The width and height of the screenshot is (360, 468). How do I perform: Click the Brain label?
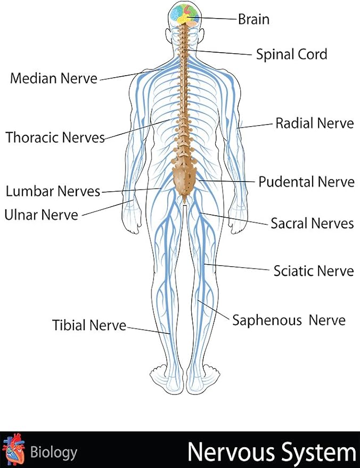[x=253, y=20]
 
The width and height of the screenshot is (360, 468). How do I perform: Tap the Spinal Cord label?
[x=291, y=54]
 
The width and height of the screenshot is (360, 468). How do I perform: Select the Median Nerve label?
[x=54, y=79]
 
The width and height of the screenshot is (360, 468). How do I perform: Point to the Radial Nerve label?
[x=314, y=124]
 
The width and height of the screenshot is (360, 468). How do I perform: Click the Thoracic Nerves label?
[x=55, y=137]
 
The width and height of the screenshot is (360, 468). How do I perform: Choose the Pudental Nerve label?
[x=306, y=182]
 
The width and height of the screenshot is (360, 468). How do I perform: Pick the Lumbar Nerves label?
[x=53, y=191]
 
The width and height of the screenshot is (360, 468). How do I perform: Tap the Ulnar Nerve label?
[x=41, y=215]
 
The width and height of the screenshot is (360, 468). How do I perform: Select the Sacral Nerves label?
[x=312, y=223]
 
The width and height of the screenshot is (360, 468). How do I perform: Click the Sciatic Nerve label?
[x=313, y=271]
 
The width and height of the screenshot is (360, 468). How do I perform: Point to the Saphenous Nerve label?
[x=289, y=321]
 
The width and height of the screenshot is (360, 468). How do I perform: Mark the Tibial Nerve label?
[x=89, y=325]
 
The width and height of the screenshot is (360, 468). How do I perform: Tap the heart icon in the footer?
[x=13, y=450]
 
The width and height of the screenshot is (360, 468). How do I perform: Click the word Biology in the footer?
[x=53, y=453]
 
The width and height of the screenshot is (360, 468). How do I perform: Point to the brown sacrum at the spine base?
[x=184, y=178]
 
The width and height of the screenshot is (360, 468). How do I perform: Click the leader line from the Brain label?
[x=218, y=19]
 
